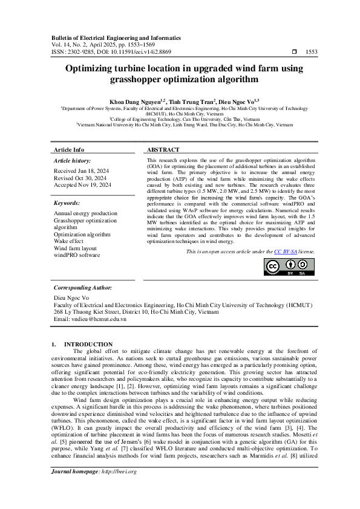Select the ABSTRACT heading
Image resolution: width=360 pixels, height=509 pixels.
point(163,149)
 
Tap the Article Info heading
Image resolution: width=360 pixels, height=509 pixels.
point(69,149)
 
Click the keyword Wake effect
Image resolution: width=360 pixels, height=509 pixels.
point(68,241)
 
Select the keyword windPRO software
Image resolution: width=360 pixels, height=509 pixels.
point(77,254)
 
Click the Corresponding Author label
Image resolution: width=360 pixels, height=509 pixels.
point(83,288)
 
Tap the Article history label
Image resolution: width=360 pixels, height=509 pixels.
point(71,160)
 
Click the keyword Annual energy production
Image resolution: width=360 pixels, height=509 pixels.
point(85,214)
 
